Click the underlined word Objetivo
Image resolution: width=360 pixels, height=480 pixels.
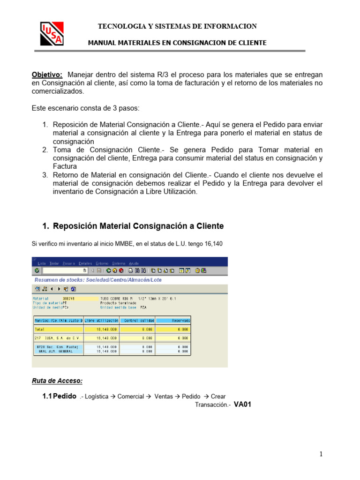47,75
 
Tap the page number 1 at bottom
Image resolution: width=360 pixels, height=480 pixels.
321,454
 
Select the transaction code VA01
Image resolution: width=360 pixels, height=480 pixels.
243,405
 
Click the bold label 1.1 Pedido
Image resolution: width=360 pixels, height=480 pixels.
60,396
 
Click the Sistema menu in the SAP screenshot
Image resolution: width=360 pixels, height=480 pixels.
119,263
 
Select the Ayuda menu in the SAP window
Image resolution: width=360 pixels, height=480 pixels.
134,263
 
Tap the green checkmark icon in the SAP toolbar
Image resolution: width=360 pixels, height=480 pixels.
37,270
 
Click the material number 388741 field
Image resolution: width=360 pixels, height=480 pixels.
68,298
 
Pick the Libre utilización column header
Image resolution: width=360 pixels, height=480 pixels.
101,321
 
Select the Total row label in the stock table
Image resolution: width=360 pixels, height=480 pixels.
40,330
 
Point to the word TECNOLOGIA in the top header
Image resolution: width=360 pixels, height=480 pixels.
117,26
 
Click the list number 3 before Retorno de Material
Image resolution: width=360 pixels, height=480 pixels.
45,175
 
